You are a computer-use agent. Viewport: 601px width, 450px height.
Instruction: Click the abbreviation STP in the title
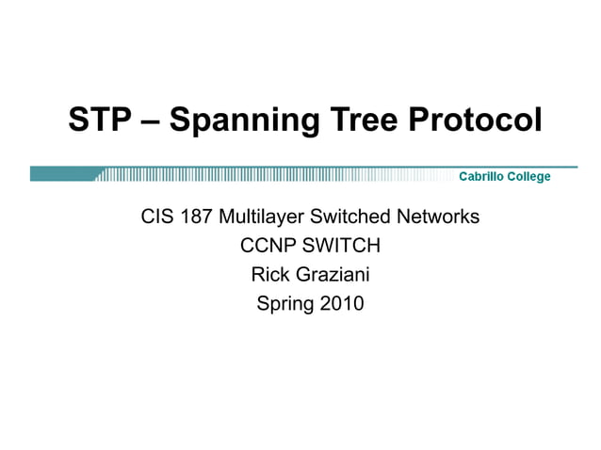tap(99, 120)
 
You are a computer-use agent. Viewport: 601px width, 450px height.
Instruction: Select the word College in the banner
tap(529, 176)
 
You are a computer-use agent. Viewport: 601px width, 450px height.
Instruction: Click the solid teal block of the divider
tap(61, 174)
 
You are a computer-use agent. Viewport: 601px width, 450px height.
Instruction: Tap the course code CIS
tap(156, 217)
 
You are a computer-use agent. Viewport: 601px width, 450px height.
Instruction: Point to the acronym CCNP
tap(268, 247)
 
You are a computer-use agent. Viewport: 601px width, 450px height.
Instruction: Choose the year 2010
tap(341, 304)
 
